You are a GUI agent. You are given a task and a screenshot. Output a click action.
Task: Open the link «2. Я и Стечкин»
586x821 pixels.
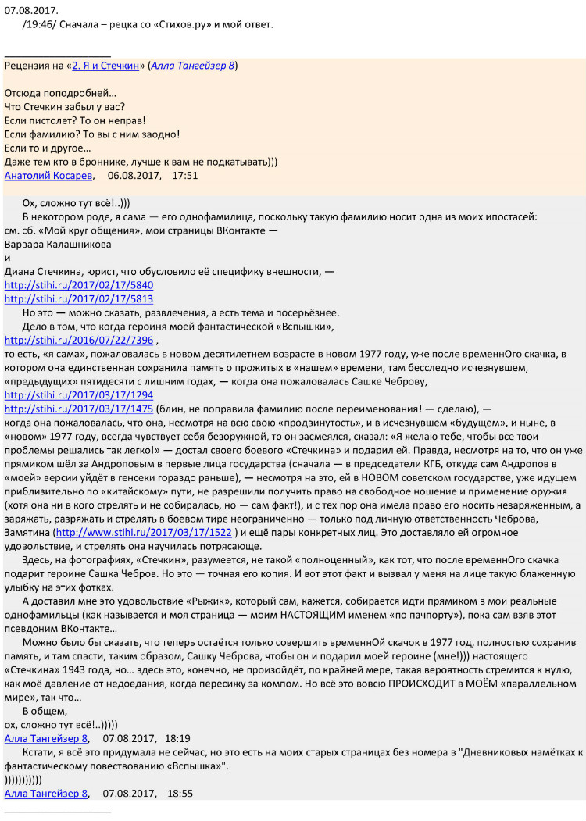(107, 66)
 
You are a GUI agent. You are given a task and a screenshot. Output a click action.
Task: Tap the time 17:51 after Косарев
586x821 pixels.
(184, 176)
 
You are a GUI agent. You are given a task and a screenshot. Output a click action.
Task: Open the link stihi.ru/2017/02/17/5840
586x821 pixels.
(79, 285)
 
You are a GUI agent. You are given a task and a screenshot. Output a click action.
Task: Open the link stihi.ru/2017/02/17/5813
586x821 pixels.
(79, 298)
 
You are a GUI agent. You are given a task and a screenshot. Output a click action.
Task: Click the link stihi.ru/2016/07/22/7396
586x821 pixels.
(79, 341)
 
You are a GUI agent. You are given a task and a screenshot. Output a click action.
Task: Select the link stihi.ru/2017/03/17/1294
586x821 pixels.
(79, 395)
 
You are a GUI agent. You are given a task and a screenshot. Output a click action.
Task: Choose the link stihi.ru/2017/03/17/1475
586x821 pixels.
(79, 409)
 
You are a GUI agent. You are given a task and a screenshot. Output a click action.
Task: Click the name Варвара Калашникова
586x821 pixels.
(58, 244)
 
